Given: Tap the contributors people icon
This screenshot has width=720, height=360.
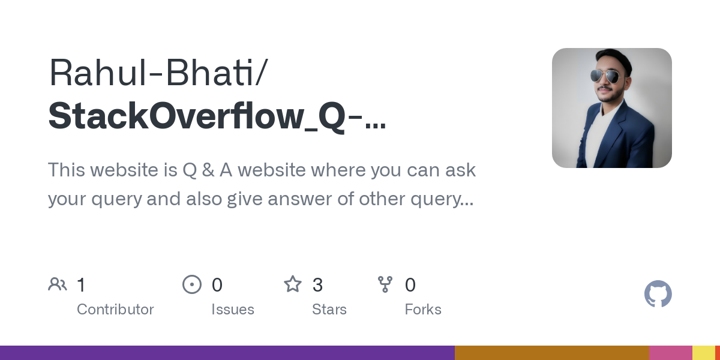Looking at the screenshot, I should point(58,284).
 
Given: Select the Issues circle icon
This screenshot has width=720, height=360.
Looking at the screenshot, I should point(191,284).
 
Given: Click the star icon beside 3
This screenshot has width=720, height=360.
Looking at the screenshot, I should point(293,284).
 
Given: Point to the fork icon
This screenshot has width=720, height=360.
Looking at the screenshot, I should point(385,284).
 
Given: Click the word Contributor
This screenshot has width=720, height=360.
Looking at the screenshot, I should point(115,310).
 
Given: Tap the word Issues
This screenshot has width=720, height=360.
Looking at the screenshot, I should point(233,310).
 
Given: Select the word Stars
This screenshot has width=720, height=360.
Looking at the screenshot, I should point(329,310).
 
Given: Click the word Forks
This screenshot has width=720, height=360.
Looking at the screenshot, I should point(423,310).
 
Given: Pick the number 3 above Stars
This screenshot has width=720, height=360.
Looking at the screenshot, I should point(318,284).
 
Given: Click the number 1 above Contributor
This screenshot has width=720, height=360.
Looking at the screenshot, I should point(81,284).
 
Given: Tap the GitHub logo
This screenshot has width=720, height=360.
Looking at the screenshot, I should point(658,294).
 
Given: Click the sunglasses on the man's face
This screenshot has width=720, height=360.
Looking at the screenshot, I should point(605,76).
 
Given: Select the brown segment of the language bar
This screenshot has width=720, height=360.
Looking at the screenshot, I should point(551,353).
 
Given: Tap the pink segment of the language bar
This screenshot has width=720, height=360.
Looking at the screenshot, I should point(670,353).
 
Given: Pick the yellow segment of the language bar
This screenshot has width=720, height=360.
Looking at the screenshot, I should point(703,353).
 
